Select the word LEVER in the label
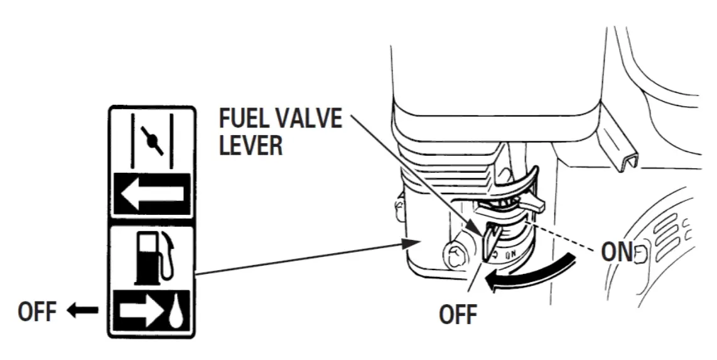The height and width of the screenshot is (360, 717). point(251,146)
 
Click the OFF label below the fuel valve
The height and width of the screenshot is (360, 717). point(458,314)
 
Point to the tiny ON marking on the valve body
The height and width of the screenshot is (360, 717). point(510,255)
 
